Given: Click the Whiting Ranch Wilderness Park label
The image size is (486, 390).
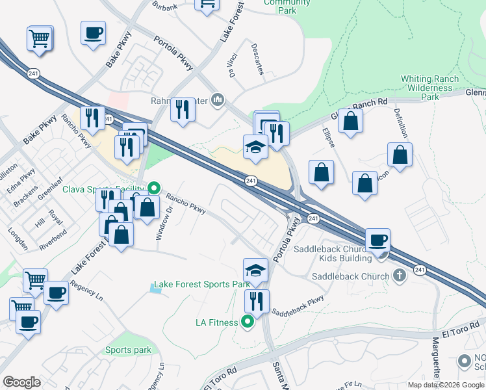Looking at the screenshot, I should [x=429, y=88].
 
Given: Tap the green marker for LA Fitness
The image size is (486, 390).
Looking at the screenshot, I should [x=248, y=322].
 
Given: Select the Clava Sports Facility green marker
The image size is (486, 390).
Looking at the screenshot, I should [x=154, y=189].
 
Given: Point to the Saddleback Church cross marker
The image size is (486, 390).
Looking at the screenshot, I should [x=400, y=276].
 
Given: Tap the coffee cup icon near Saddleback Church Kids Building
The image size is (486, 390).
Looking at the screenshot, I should [x=377, y=240].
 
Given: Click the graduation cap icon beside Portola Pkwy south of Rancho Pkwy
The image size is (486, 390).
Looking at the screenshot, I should [x=256, y=270].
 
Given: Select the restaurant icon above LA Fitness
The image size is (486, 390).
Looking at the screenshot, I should [x=257, y=301].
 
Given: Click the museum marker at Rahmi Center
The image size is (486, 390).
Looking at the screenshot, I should [x=218, y=101].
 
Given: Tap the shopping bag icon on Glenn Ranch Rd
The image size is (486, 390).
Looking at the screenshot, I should [x=350, y=121].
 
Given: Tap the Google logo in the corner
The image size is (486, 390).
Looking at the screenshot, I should [x=22, y=382].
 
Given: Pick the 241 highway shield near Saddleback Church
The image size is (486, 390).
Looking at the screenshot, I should [x=420, y=270].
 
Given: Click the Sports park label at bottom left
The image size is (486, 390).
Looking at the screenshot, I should [x=128, y=350].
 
